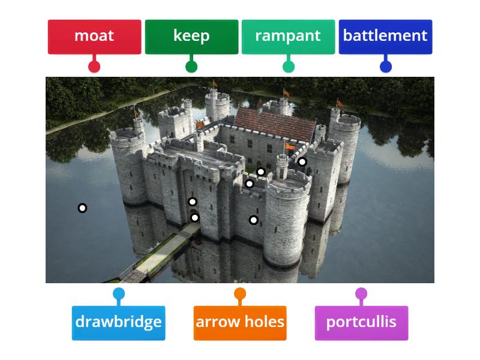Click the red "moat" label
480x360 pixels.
[94, 36]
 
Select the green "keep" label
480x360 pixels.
[191, 36]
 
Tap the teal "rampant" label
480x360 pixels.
[288, 36]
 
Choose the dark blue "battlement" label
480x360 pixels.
[385, 36]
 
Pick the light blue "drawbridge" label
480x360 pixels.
[118, 322]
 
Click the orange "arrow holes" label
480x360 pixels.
[240, 322]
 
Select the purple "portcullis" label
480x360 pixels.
[361, 322]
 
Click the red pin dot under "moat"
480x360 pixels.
[94, 67]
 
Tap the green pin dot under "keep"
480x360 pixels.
[191, 67]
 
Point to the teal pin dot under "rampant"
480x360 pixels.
[289, 67]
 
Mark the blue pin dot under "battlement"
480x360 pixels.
[386, 67]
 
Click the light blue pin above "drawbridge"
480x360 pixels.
[119, 294]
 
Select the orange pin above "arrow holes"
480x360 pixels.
[240, 294]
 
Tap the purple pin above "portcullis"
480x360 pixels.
[361, 294]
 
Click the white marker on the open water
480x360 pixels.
[82, 208]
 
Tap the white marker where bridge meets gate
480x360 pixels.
[195, 218]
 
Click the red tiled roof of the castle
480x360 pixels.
[275, 121]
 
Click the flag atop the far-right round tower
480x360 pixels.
[340, 103]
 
